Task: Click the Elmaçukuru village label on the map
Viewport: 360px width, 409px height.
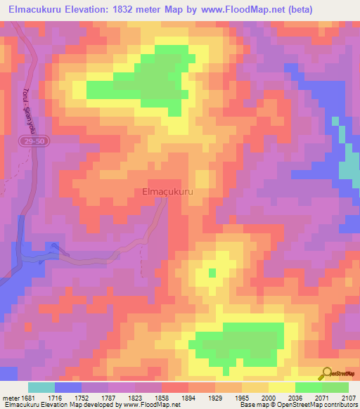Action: point(167,190)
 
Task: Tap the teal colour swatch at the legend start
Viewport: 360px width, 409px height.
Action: point(41,387)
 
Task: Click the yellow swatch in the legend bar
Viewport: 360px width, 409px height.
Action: point(281,387)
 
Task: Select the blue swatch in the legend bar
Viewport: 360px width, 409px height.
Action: point(68,387)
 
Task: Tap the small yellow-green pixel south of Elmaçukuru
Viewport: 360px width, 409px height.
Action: point(212,272)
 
